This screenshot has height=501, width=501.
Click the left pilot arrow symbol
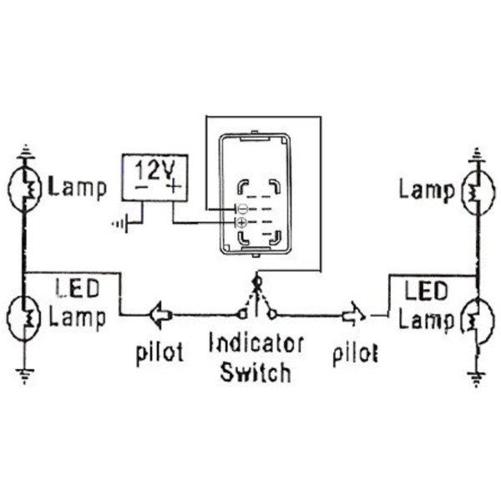tap(159, 316)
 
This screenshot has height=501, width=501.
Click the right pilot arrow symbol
tap(351, 316)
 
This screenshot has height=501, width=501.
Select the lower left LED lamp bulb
tap(28, 317)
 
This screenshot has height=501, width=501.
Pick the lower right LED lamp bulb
tap(472, 320)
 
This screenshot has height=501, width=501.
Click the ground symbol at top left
tap(27, 152)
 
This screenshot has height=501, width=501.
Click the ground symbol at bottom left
tap(28, 374)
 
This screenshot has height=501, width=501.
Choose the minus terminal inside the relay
tap(240, 208)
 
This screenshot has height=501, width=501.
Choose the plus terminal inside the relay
tap(240, 223)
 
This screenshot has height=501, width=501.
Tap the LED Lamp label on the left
tap(77, 303)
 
